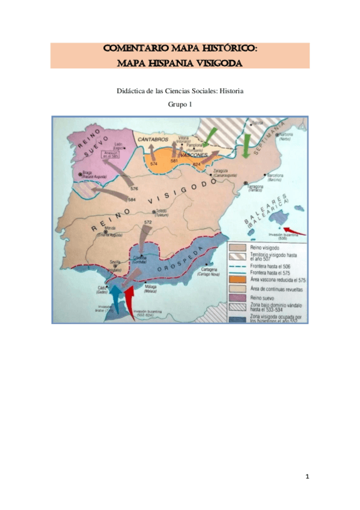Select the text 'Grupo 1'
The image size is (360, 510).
(180, 104)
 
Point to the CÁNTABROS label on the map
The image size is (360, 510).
(152, 140)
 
